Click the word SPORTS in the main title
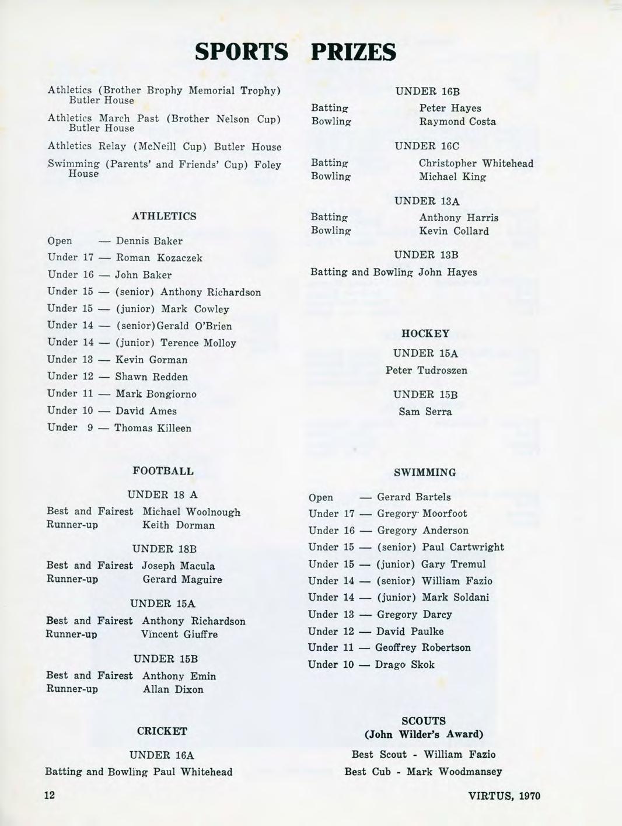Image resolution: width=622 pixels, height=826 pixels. coord(242,52)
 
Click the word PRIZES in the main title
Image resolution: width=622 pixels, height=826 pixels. coord(354,52)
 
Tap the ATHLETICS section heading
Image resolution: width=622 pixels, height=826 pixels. coord(164,216)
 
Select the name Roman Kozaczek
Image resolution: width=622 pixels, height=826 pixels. coord(159,257)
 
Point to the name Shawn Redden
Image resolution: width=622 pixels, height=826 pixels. coord(151,377)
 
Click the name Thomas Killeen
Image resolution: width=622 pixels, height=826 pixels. coord(153,428)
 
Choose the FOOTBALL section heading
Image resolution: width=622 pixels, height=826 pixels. coord(163,470)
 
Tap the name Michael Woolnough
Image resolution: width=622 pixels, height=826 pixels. coord(191,511)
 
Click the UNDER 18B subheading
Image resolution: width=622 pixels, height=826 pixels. coord(165,549)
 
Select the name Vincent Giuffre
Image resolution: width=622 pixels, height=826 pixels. coord(179,634)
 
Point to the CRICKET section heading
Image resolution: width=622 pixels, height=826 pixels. coord(162,731)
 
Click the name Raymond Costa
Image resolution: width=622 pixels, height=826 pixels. coord(457,121)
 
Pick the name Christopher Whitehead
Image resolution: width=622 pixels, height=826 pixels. coord(476,163)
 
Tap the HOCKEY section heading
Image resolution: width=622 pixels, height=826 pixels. coord(425,333)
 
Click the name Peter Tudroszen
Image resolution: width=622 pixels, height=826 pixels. coord(426,370)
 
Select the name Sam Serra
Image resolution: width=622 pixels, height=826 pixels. coord(425,412)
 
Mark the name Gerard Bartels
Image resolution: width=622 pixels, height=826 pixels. coord(414,497)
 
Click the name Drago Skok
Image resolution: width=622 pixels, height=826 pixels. coord(404,664)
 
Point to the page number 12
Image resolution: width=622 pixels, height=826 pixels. coord(50,794)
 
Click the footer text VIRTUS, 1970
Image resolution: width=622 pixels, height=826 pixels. coord(504,795)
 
